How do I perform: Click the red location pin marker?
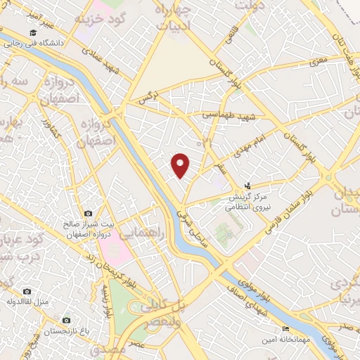(x=181, y=165)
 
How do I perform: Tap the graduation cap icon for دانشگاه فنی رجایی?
(x=33, y=33)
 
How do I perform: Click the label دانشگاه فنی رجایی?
(x=35, y=43)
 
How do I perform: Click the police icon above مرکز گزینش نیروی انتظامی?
(x=247, y=186)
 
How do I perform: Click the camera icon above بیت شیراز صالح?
(x=88, y=213)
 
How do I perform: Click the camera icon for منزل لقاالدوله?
(x=27, y=291)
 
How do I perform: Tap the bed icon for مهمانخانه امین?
(x=285, y=329)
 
